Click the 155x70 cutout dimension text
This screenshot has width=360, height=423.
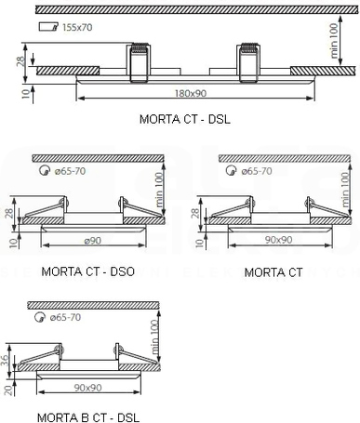[77, 27]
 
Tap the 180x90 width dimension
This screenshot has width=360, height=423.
[191, 93]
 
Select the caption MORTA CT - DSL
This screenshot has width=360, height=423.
[185, 119]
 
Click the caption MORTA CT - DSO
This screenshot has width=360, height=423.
[87, 271]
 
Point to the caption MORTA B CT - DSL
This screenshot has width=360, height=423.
[88, 417]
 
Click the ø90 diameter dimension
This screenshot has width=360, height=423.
[93, 241]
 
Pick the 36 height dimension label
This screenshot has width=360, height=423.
[5, 360]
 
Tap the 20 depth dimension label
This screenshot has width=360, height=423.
[9, 390]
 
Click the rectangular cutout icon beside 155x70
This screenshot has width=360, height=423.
[48, 27]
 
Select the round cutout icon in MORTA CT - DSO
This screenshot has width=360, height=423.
[45, 170]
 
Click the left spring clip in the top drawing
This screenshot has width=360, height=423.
[139, 62]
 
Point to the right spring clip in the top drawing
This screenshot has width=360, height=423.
[248, 62]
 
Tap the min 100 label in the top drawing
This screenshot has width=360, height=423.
[334, 41]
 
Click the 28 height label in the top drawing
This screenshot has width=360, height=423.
[20, 61]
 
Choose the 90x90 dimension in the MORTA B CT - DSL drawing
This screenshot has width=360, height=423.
[88, 388]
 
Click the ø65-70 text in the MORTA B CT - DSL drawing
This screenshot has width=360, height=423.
[65, 317]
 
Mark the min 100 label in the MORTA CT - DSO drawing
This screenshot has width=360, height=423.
[158, 190]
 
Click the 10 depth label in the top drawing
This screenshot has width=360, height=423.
[27, 93]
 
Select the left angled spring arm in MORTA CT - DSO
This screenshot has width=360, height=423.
[45, 208]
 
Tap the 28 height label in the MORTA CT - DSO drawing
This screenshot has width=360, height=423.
[9, 213]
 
